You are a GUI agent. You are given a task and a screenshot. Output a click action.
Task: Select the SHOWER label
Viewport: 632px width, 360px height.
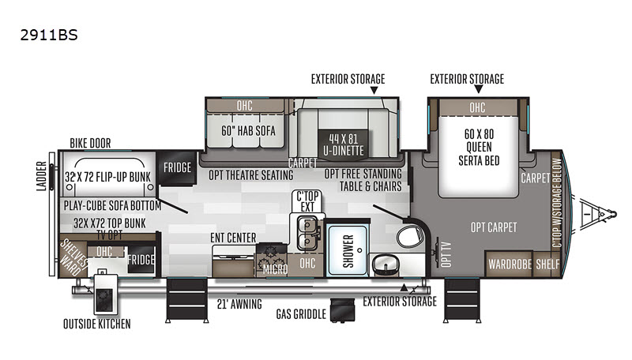tap(348, 251)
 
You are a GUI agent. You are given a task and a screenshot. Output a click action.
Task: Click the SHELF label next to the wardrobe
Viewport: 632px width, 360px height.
tap(547, 264)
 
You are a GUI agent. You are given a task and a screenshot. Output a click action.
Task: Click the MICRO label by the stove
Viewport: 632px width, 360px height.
tap(274, 270)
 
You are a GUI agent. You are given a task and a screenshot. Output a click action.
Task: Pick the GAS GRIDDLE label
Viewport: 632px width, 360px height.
tap(301, 313)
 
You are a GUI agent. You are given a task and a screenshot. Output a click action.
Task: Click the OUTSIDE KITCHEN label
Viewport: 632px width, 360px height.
tap(97, 323)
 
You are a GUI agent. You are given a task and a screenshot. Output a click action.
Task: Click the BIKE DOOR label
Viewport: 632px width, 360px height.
tap(90, 143)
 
